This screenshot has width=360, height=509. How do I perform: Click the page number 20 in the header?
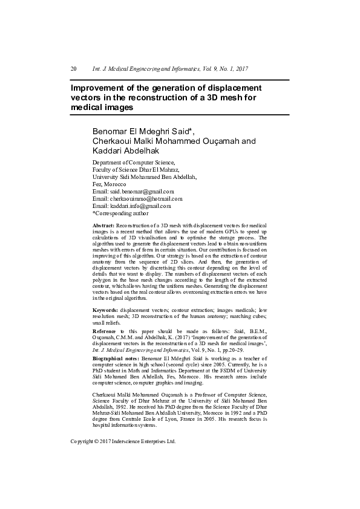pos(74,69)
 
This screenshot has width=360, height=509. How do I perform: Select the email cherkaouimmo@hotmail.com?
pos(146,198)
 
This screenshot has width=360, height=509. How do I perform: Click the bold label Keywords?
pos(105,310)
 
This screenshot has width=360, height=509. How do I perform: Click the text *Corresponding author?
pos(120,213)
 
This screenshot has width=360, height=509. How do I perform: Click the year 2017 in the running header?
pos(241,69)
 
